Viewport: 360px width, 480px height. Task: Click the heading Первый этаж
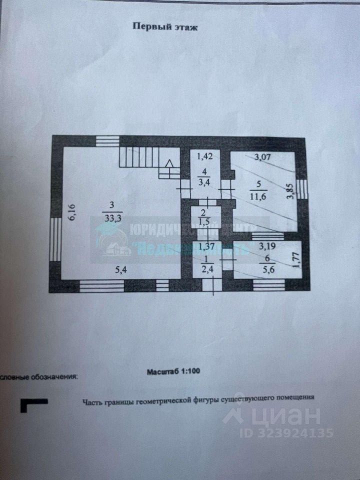coord(165,27)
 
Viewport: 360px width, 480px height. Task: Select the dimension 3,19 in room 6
coord(268,246)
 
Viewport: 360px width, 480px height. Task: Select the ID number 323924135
coord(294,432)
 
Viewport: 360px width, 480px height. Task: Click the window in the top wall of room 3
coord(107,141)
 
